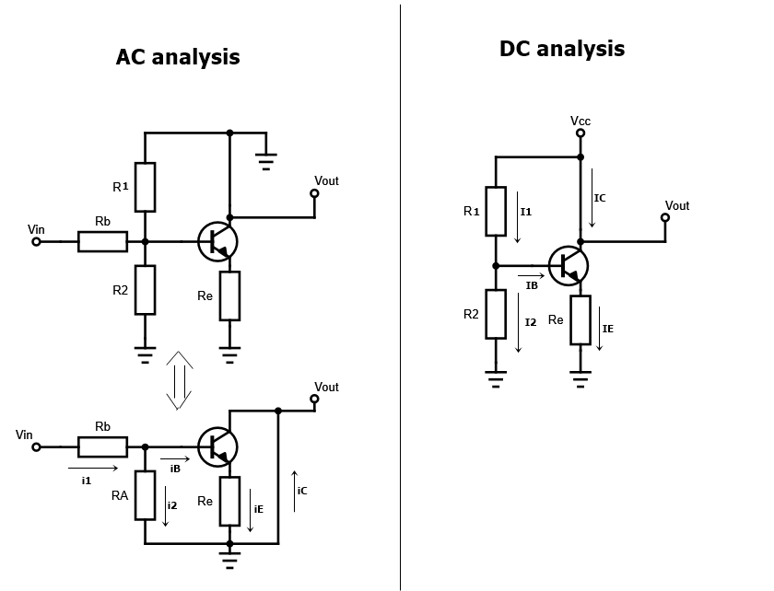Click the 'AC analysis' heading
pos(178,57)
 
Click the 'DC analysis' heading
pos(562,49)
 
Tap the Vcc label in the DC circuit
pos(580,121)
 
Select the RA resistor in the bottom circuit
pos(145,495)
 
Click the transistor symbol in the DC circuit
pos(569,265)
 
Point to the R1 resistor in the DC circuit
pos(496,211)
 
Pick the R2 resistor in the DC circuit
pos(496,314)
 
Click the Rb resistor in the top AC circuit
pos(102,241)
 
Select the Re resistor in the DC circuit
pos(580,319)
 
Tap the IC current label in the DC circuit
pos(600,198)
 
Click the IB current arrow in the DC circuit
pos(531,274)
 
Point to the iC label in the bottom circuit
pos(302,491)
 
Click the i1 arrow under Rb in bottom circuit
pos(93,468)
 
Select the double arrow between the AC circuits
pos(179,380)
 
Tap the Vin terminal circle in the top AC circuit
pos(37,241)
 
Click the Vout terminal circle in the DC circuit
pos(665,218)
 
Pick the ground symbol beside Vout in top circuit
pos(266,162)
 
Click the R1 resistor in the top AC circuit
pos(145,187)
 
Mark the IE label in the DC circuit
pos(608,329)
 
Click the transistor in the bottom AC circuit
pos(217,446)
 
